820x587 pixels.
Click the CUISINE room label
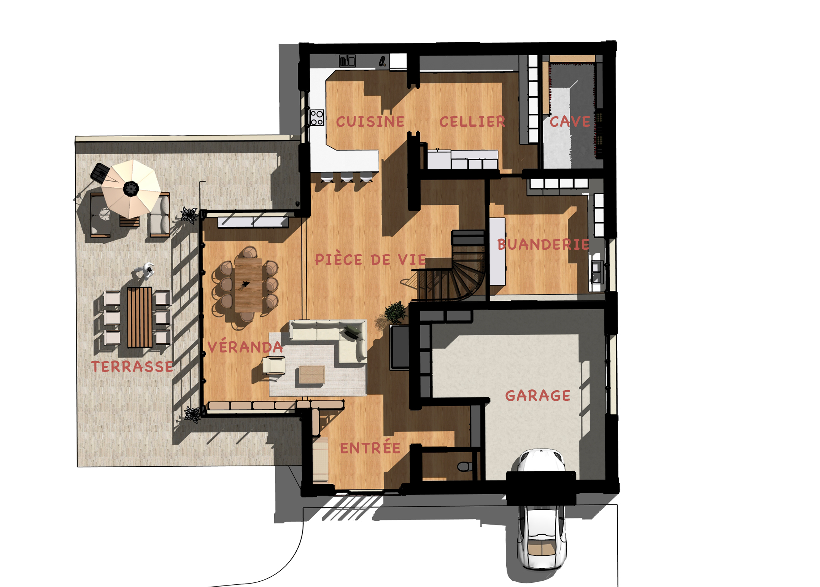(x=370, y=122)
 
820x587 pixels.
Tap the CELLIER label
(x=472, y=122)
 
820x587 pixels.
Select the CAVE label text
(x=570, y=122)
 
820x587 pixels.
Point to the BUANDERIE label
(x=543, y=244)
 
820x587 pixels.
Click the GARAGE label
(x=538, y=396)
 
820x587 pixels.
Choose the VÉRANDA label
(x=245, y=346)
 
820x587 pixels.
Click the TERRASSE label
(x=132, y=367)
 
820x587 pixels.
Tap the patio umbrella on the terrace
(x=131, y=189)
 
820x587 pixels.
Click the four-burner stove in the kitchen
(x=316, y=117)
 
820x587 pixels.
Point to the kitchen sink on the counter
(x=347, y=61)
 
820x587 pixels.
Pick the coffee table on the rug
(x=312, y=375)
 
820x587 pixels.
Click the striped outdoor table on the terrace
(x=140, y=317)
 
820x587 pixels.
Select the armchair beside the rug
(x=274, y=366)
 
